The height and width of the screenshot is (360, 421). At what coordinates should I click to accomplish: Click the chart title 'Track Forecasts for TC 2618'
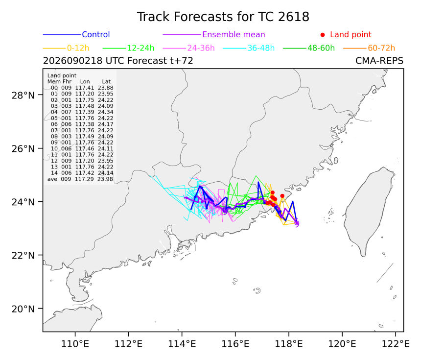[223, 17]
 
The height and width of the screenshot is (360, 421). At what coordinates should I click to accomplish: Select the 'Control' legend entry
[96, 34]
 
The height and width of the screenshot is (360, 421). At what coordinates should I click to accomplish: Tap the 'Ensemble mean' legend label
[234, 34]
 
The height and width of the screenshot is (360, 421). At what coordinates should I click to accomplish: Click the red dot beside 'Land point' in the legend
[323, 35]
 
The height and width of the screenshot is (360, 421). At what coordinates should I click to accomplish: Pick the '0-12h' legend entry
[78, 48]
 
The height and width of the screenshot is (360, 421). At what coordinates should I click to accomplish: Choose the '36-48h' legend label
[261, 48]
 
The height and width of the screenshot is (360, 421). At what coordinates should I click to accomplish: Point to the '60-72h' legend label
[381, 48]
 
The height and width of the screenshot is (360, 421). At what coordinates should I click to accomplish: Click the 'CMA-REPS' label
[379, 61]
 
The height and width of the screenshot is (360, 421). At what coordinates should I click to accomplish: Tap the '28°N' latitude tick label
[23, 95]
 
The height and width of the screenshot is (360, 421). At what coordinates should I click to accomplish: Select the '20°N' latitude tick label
[23, 309]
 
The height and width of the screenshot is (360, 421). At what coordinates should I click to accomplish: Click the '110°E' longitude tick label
[75, 344]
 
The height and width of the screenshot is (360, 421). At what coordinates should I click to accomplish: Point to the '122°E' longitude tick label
[396, 344]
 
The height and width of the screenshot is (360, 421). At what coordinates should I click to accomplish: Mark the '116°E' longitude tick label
[235, 344]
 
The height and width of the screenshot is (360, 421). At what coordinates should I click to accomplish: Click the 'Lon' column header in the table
[85, 81]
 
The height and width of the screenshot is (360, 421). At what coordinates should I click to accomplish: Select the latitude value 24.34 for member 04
[106, 112]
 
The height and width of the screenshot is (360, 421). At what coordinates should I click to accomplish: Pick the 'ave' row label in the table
[52, 179]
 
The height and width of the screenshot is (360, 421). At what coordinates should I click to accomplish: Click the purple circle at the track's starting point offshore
[297, 223]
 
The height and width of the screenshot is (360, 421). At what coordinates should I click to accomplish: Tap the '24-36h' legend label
[201, 48]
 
